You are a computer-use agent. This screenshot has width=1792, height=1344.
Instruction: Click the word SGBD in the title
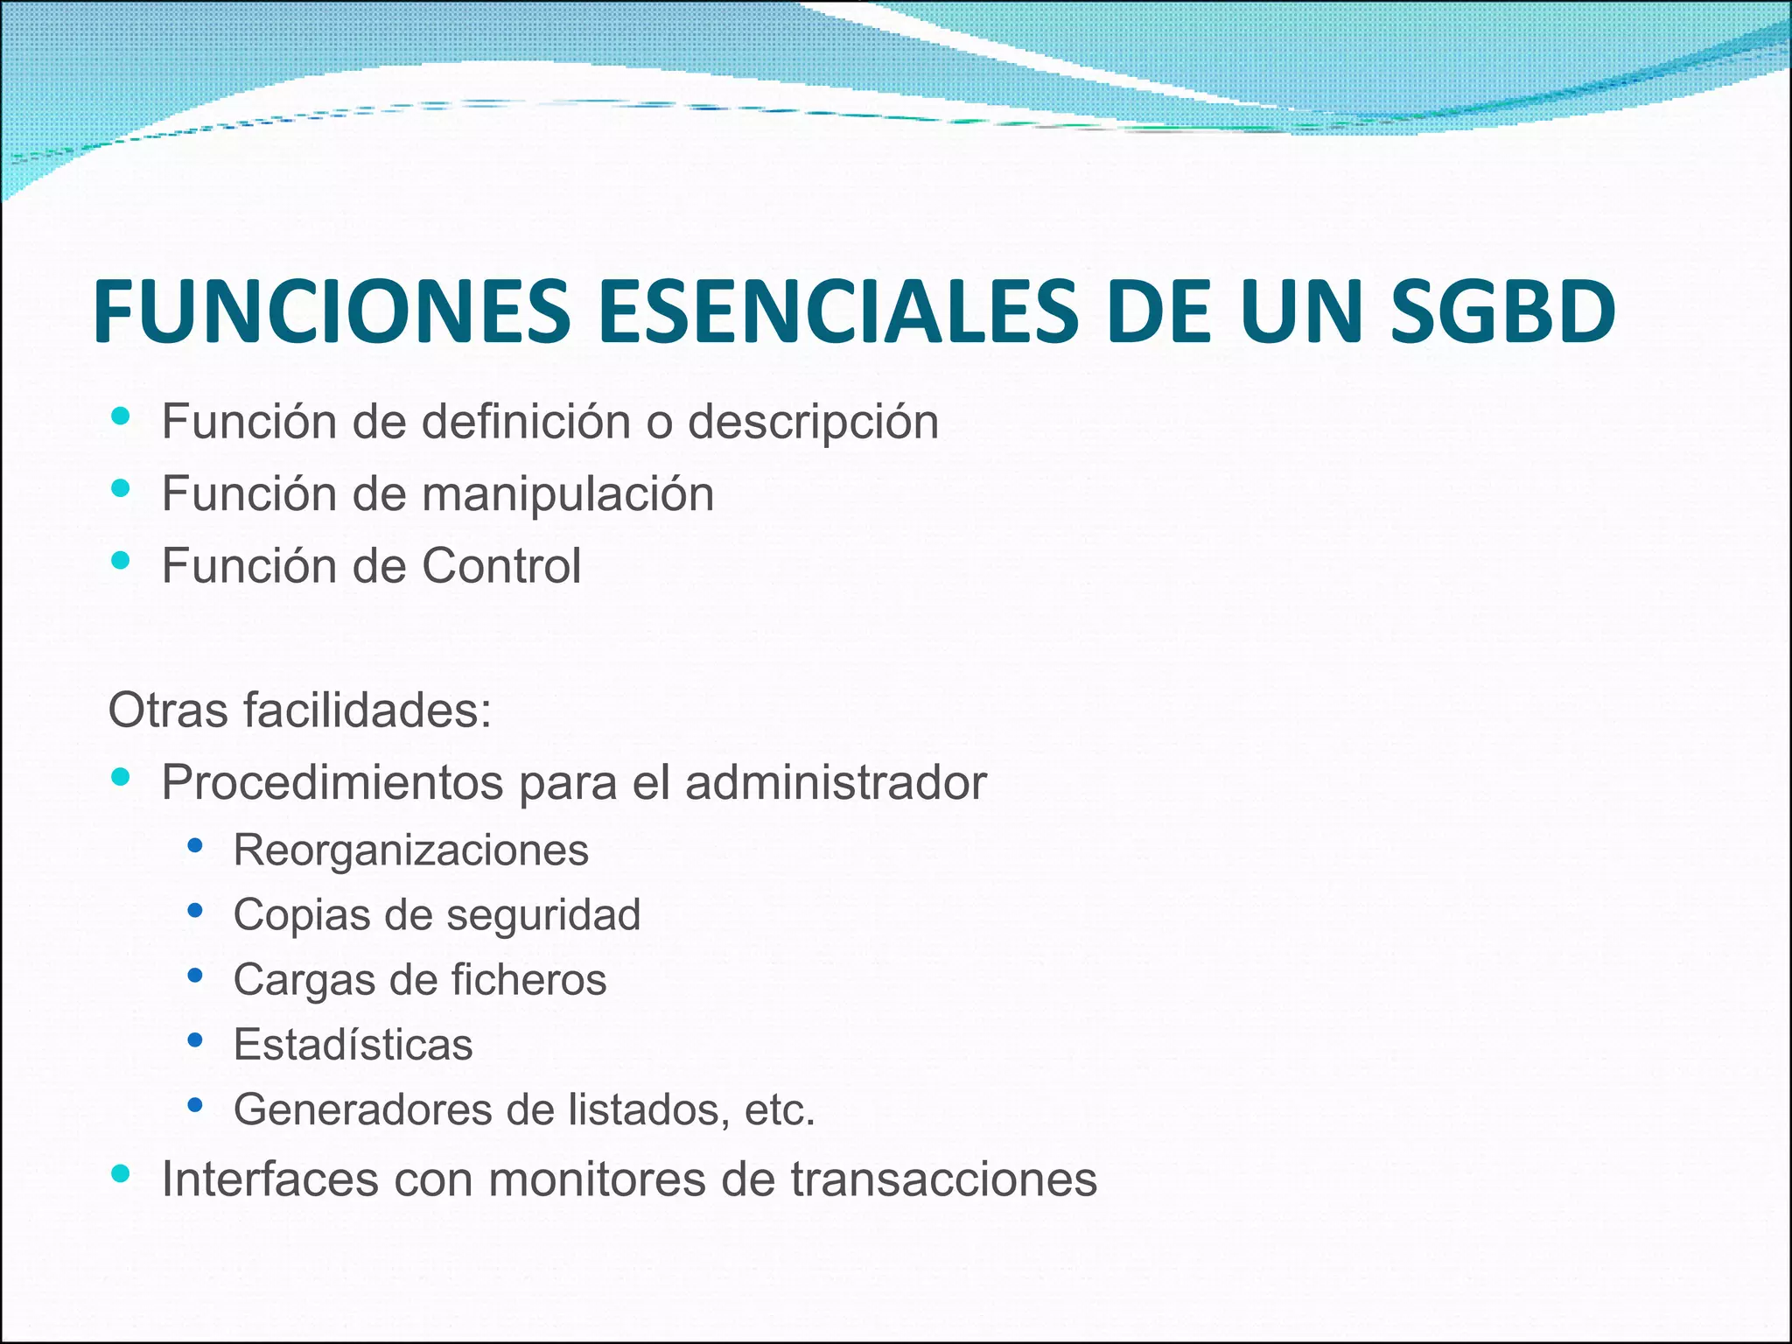(1501, 311)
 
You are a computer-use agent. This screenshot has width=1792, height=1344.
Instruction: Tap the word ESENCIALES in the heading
(838, 311)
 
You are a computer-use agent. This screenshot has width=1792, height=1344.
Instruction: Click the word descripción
(813, 423)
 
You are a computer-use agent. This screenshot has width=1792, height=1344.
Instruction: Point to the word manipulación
(568, 495)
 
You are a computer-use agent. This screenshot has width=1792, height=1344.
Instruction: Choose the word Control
(501, 566)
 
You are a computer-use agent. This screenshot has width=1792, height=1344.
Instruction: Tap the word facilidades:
(367, 710)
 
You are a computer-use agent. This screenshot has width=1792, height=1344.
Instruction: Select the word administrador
(836, 782)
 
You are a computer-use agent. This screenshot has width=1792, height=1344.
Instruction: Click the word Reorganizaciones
(411, 850)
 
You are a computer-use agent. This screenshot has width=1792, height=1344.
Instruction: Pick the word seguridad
(543, 915)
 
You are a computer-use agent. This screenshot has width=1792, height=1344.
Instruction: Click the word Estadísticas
(353, 1045)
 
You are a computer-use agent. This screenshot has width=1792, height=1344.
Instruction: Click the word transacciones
(944, 1179)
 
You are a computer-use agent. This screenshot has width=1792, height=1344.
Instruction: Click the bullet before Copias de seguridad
(195, 911)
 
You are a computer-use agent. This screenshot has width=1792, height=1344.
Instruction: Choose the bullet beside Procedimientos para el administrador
(121, 776)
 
